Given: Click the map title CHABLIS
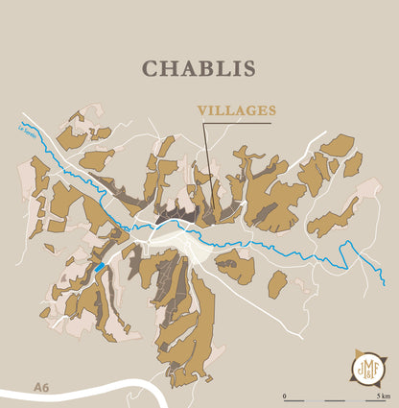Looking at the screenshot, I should [x=199, y=69].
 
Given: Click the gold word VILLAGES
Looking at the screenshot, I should [x=237, y=111].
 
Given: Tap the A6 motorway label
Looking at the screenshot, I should [x=40, y=387].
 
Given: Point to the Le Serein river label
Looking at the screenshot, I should [x=28, y=128].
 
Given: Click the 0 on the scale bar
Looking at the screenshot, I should [x=284, y=395].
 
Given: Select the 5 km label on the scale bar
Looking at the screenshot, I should [x=381, y=395].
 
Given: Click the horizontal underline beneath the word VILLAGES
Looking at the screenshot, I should [x=230, y=123].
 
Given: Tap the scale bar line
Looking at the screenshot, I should [x=334, y=399].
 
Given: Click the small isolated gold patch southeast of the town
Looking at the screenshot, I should [x=277, y=283].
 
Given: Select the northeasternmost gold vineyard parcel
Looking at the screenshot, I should [x=337, y=145].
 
